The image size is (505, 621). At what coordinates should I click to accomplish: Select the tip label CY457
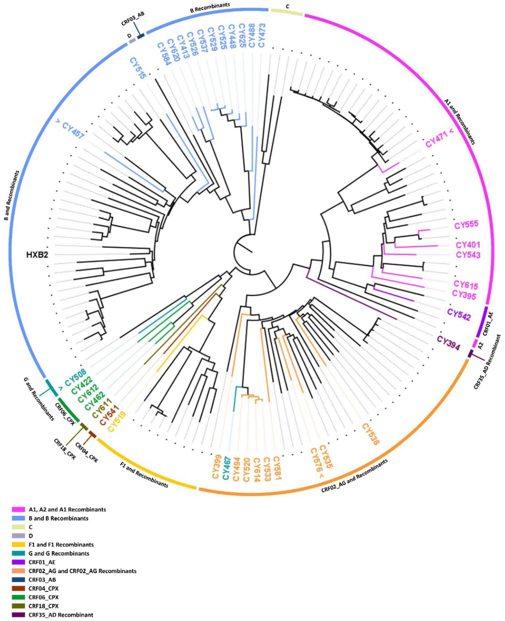[x=73, y=130]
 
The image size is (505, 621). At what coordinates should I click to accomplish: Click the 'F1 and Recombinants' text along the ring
[x=144, y=475]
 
